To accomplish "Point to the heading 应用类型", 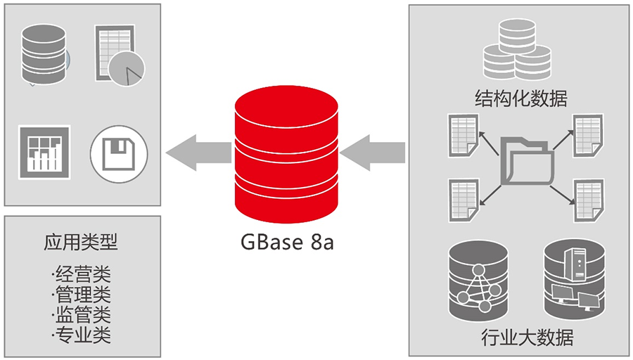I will point(81,243).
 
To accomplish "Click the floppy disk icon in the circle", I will point(119,153).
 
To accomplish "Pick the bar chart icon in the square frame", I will point(44,150).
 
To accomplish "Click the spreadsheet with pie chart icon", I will point(118,55).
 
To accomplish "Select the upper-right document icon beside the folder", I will point(586,135).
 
